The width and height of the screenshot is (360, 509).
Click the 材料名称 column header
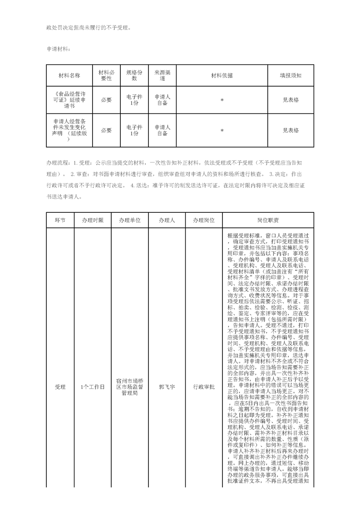pyautogui.click(x=69, y=76)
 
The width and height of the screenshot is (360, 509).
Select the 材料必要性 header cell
pyautogui.click(x=106, y=76)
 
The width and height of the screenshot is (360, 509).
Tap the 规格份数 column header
pyautogui.click(x=134, y=76)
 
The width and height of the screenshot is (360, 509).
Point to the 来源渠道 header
pyautogui.click(x=162, y=76)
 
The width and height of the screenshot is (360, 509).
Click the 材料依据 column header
pyautogui.click(x=222, y=76)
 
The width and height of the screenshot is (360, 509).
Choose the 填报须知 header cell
pyautogui.click(x=291, y=76)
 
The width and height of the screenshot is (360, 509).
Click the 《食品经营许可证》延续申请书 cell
pyautogui.click(x=69, y=100)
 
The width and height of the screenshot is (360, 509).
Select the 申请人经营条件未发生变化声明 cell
pyautogui.click(x=69, y=130)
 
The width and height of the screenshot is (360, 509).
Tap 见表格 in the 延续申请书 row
pyautogui.click(x=291, y=100)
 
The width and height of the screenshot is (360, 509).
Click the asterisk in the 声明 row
pyautogui.click(x=222, y=131)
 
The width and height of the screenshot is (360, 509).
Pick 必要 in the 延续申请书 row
pyautogui.click(x=106, y=100)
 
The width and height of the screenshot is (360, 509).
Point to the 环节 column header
pyautogui.click(x=60, y=220)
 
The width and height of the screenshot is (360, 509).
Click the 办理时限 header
pyautogui.click(x=93, y=220)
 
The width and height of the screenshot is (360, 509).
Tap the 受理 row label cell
pyautogui.click(x=60, y=387)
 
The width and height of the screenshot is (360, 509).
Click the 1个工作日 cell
pyautogui.click(x=93, y=387)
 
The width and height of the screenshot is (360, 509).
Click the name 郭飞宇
pyautogui.click(x=167, y=387)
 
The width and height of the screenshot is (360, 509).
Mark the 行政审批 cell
pyautogui.click(x=203, y=387)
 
